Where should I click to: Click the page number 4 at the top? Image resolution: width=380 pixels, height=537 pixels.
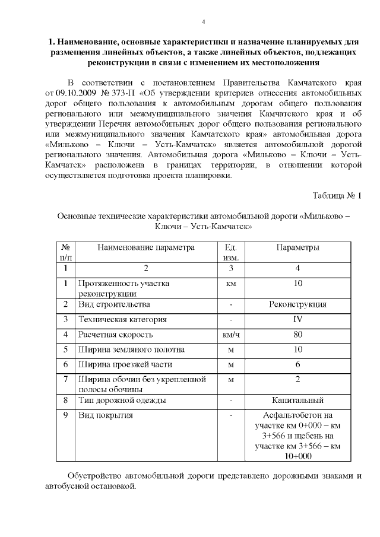point(203,22)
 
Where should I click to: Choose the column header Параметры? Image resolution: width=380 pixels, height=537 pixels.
point(298,247)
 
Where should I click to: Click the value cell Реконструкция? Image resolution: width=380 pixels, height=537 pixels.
point(298,304)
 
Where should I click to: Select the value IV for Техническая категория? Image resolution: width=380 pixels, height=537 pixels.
point(298,319)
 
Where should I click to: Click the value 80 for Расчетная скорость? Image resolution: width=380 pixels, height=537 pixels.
point(298,334)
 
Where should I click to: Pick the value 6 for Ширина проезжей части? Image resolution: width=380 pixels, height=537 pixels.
point(298,364)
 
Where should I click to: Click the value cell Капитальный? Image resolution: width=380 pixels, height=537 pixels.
point(298,400)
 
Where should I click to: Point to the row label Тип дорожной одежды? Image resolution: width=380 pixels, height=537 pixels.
point(122,400)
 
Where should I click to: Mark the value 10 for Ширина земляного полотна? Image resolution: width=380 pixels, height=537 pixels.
point(298,349)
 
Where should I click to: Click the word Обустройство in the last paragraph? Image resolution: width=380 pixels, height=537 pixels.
point(96,475)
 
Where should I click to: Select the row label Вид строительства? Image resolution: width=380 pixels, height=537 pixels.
point(114,304)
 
